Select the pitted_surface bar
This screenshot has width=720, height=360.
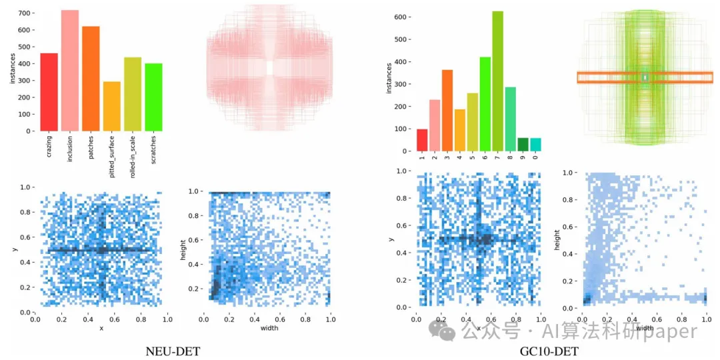tap(111, 107)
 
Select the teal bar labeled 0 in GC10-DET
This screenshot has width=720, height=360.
tap(536, 144)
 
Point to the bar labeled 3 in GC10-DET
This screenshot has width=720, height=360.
tap(447, 111)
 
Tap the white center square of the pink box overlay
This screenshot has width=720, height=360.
tap(269, 68)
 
